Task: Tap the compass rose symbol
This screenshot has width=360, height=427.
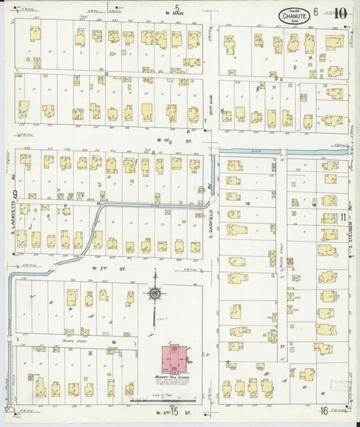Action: [x=156, y=295]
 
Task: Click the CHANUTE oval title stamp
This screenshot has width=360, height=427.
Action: [x=292, y=15]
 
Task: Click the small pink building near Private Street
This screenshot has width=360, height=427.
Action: [x=290, y=261]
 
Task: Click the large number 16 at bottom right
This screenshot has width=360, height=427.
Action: [x=324, y=411]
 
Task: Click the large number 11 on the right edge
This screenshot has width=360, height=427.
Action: [x=344, y=217]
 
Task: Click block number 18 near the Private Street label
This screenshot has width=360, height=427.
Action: [x=114, y=343]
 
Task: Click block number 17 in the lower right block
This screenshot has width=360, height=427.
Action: [x=282, y=346]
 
